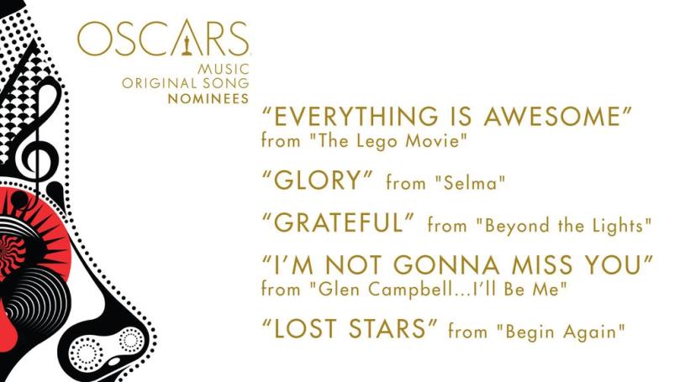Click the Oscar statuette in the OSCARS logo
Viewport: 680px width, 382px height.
[x=185, y=39]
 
